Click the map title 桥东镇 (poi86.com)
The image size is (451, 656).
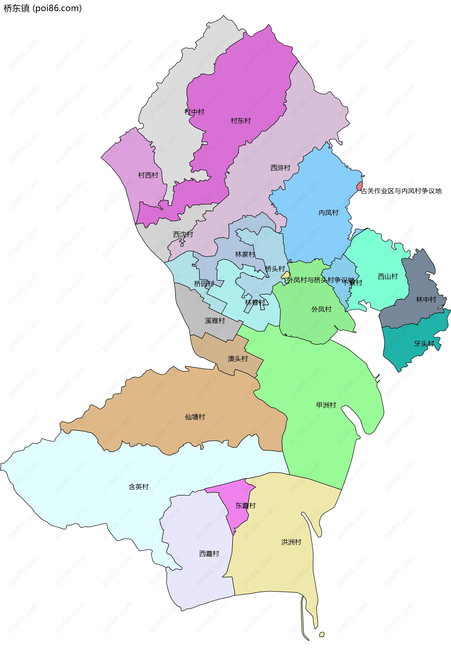coord(42,8)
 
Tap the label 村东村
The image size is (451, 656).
coord(241,121)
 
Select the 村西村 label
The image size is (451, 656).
coord(148,175)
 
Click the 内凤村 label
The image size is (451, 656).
coord(328,213)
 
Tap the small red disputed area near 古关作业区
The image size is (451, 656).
coord(359,186)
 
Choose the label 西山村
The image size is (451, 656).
coord(388,276)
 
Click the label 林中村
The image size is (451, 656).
coord(426,299)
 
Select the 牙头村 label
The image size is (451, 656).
coord(424,344)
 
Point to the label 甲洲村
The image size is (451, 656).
coord(326,405)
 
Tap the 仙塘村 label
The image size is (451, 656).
coord(195,417)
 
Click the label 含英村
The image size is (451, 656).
coord(138,487)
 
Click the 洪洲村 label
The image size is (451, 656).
coord(291,542)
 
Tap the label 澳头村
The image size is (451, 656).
coord(238,359)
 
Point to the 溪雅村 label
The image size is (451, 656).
coord(215,321)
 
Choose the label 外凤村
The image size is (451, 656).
coord(321,309)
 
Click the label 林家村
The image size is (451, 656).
coord(245,255)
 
